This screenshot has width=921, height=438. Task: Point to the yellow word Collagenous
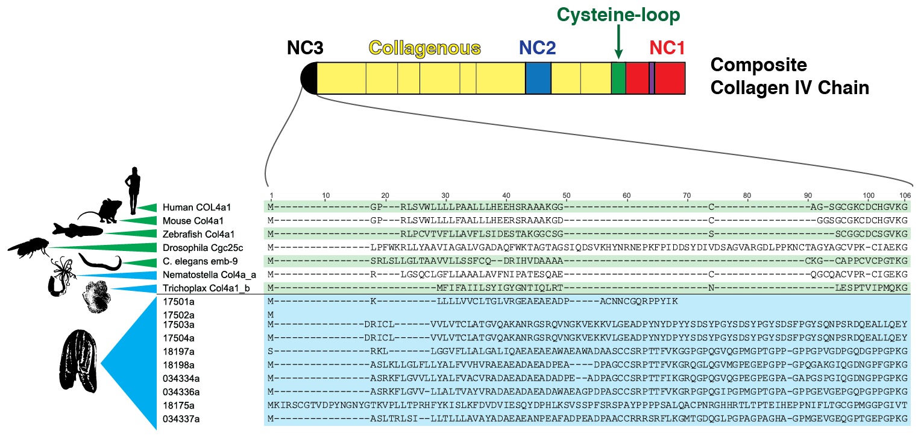pyautogui.click(x=425, y=49)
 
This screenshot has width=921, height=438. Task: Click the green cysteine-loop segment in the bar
pyautogui.click(x=618, y=78)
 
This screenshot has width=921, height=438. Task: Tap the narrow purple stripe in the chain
pyautogui.click(x=652, y=78)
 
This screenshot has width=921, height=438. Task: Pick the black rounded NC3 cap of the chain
pyautogui.click(x=309, y=78)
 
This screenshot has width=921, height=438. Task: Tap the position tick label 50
pyautogui.click(x=567, y=195)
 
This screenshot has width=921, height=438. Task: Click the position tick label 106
pyautogui.click(x=904, y=195)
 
